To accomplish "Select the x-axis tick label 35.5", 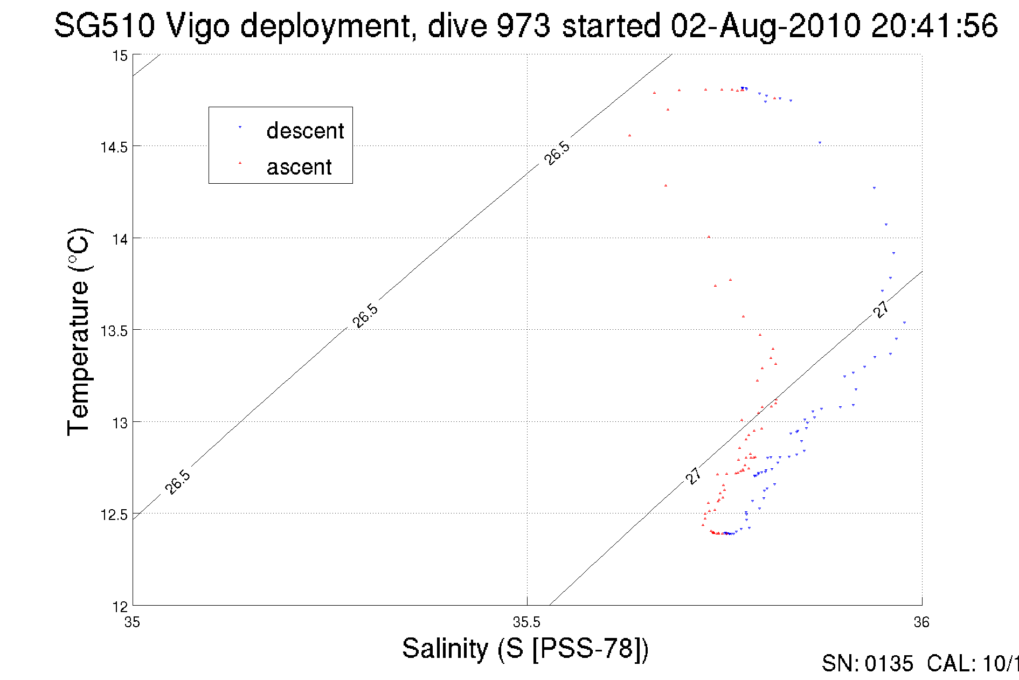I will point(526,622).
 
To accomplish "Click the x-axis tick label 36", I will point(921,622).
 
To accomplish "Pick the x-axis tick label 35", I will point(133,622).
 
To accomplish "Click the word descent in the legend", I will point(305,131).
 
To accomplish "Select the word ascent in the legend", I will point(299,167).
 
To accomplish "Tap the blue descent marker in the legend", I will point(240,128).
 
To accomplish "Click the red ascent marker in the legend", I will point(240,163).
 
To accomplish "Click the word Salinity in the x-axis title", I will point(445,648).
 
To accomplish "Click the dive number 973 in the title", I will point(523,25).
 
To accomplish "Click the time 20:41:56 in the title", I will point(934,25).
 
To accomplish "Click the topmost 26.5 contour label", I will point(557,153).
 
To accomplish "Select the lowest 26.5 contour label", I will point(178,482).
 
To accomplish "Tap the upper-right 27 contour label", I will point(882,309).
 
